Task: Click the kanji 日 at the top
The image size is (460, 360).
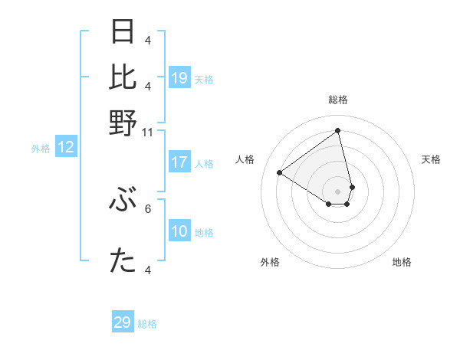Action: coord(123,32)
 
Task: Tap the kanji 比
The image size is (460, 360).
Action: coord(123,77)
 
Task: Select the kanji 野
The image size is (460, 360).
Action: coord(123,123)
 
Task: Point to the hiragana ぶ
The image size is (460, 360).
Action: coord(123,202)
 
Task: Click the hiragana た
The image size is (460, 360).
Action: coord(123,261)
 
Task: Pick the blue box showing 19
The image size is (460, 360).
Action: coord(179,78)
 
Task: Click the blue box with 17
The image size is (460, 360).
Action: coord(179,162)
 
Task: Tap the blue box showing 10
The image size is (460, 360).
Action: coord(179,232)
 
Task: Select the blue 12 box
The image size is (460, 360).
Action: coord(66,148)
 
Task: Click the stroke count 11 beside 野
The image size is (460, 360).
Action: coord(148,132)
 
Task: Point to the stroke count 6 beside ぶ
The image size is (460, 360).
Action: coord(148,208)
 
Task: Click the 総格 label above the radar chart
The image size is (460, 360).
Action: coord(338,100)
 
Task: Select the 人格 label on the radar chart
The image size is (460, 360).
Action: coord(245,159)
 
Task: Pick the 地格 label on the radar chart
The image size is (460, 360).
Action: coord(402,262)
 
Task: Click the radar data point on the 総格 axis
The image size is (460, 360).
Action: coord(338,131)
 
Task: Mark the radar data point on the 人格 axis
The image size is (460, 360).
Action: coord(280,172)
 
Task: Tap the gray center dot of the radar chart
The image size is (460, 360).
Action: coord(338,191)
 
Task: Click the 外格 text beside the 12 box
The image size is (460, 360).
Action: coord(41,149)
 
